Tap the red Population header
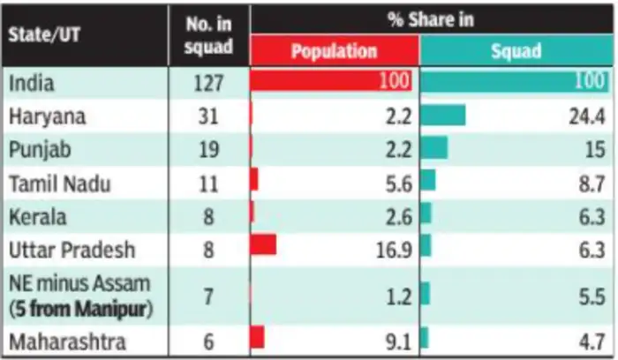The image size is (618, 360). pyautogui.click(x=334, y=51)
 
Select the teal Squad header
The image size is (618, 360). pyautogui.click(x=515, y=51)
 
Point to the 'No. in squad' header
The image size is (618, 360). pyautogui.click(x=208, y=35)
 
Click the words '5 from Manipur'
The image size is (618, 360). pyautogui.click(x=80, y=308)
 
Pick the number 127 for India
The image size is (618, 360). pyautogui.click(x=208, y=83)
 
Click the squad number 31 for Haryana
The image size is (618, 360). pyautogui.click(x=208, y=116)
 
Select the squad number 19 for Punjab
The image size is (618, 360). pyautogui.click(x=208, y=149)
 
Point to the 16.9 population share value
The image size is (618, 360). pyautogui.click(x=392, y=250)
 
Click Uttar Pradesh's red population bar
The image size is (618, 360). pyautogui.click(x=263, y=246)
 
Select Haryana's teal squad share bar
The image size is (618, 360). pyautogui.click(x=443, y=116)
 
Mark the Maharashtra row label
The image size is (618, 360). pyautogui.click(x=64, y=341)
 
